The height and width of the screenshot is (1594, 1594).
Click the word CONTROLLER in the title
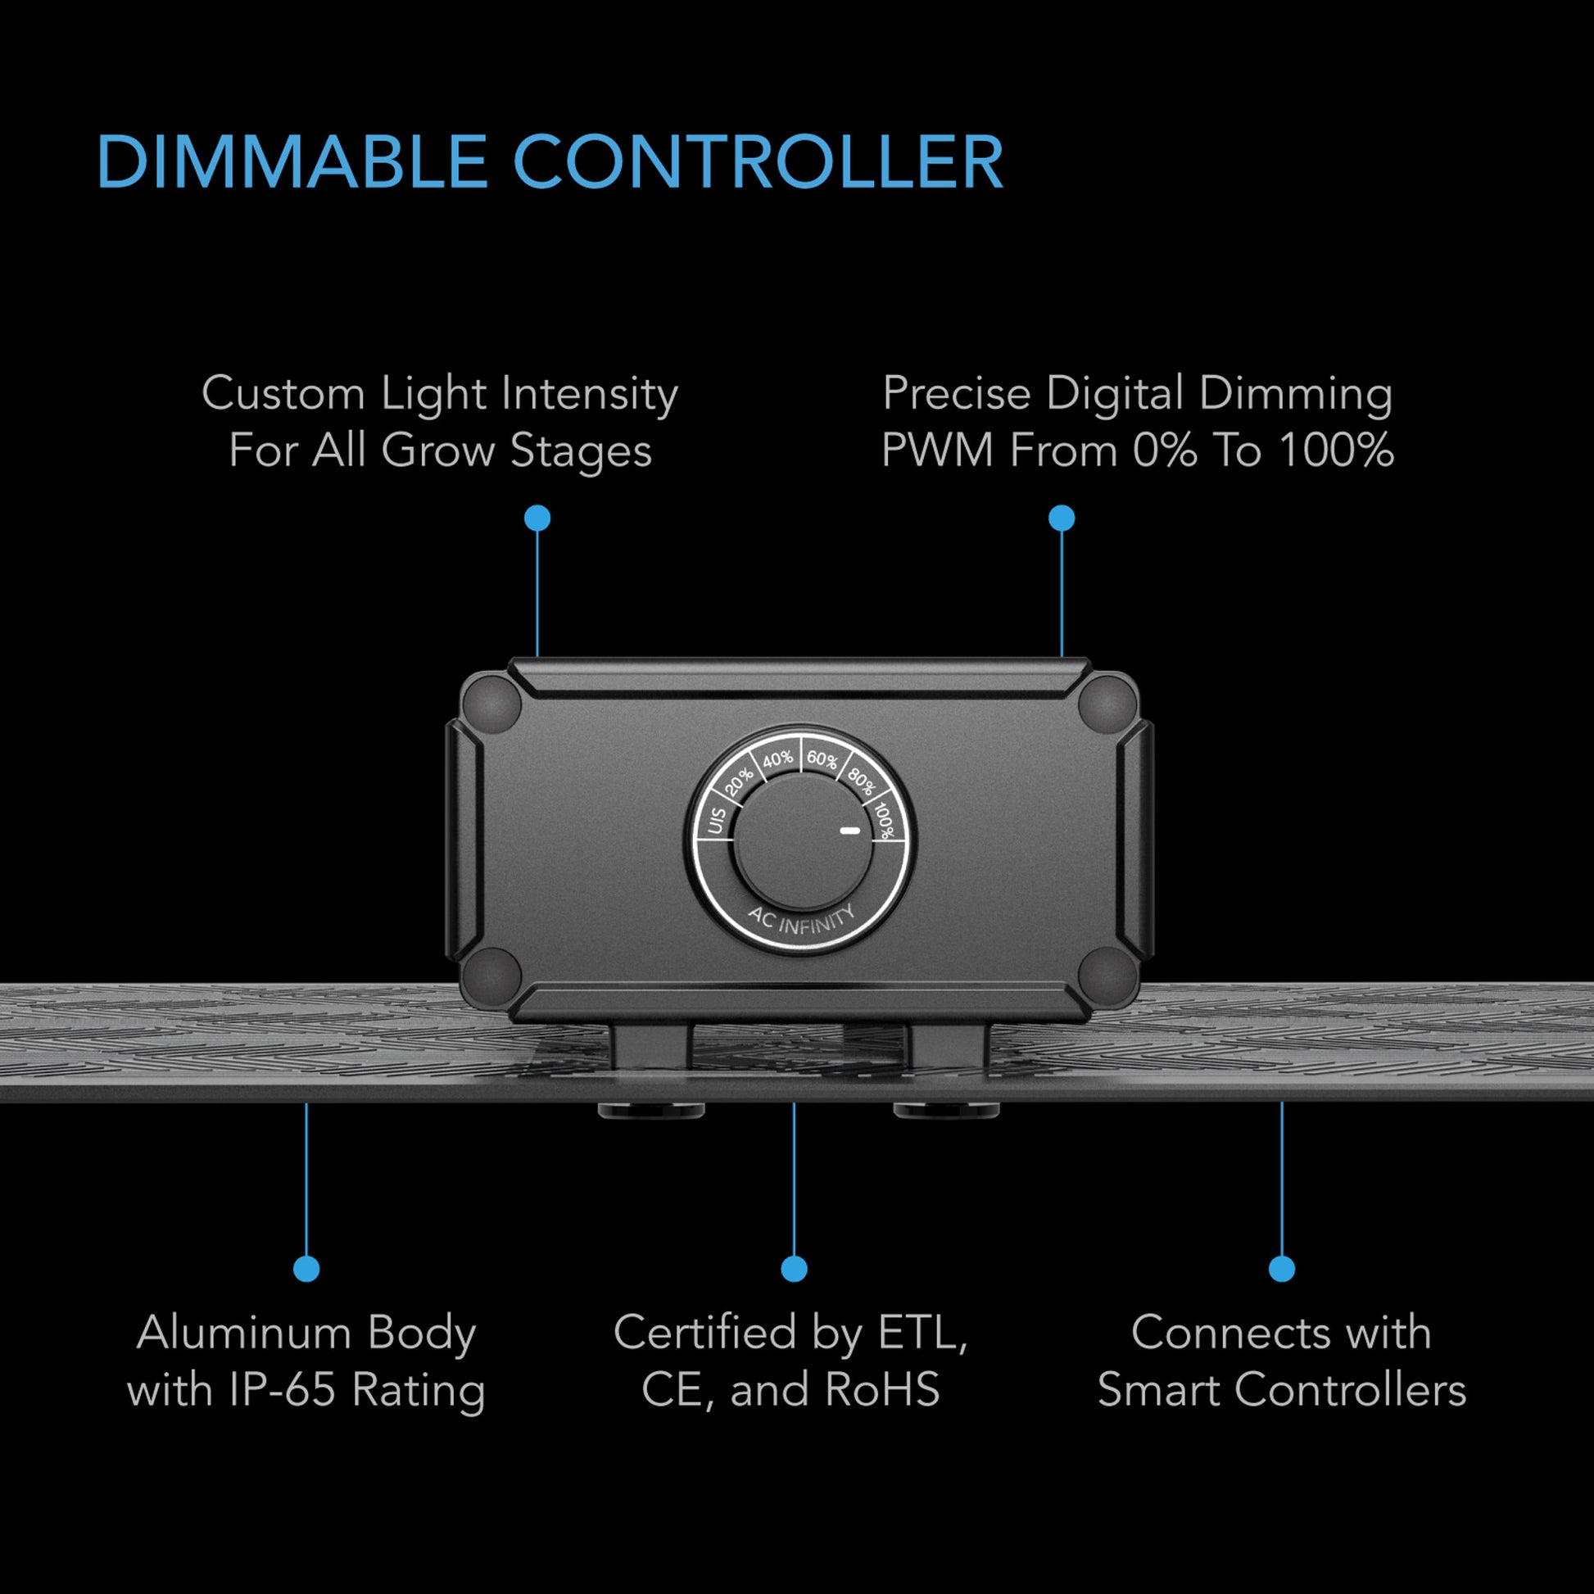point(758,161)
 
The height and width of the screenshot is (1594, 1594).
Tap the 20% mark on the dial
point(738,781)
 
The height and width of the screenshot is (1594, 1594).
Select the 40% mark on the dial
point(777,759)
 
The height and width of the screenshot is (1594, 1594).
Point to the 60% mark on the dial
point(822,759)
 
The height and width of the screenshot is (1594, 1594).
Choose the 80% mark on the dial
point(861,781)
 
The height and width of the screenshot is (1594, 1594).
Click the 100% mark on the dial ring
point(884,821)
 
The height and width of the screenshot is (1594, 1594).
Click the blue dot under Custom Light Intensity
point(537,519)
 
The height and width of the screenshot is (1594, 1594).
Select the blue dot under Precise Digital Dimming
point(1062,519)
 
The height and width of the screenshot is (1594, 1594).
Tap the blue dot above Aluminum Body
point(306,1269)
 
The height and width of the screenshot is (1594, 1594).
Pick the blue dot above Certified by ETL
point(794,1269)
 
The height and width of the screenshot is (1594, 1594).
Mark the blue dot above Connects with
point(1281,1269)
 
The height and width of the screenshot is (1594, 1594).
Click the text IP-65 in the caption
point(282,1390)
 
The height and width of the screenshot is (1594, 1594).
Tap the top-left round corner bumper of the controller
point(491,704)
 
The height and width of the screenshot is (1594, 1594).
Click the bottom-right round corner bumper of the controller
point(1108,976)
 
